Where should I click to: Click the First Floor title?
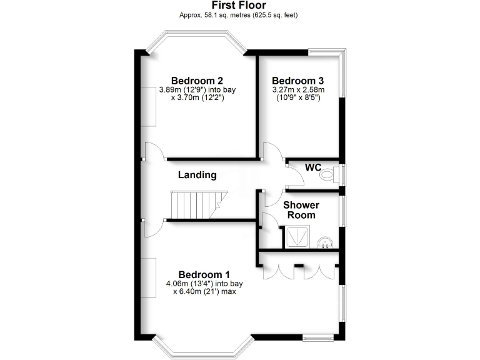(240, 5)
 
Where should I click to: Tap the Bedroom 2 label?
(197, 81)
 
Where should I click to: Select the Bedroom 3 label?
(297, 81)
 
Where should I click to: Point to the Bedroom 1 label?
(204, 274)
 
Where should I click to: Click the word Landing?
(197, 175)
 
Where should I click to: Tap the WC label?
(313, 167)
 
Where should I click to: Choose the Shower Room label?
(301, 210)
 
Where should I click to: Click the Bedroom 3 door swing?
(272, 152)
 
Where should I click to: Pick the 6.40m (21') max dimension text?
(204, 292)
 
